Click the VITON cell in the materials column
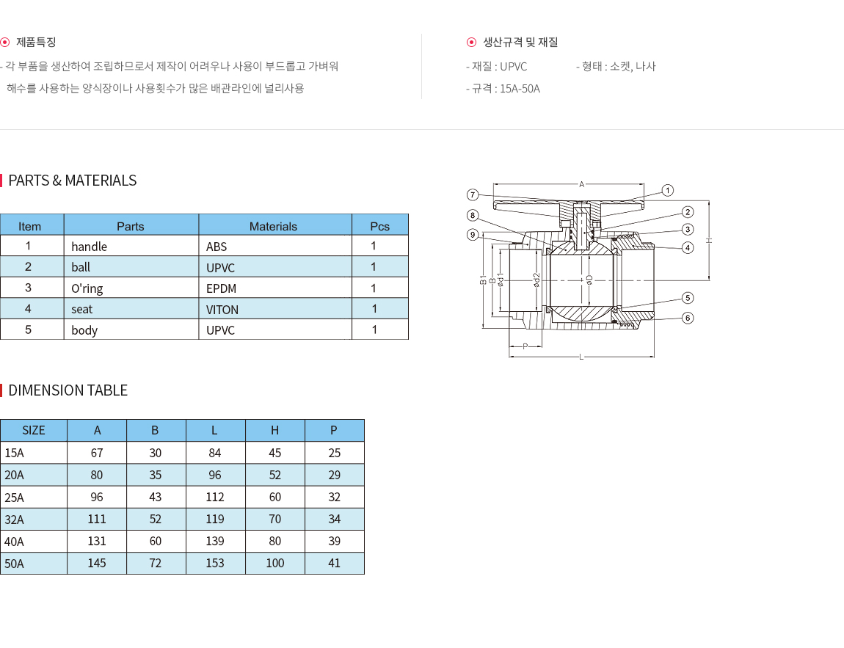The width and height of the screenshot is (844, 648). [222, 310]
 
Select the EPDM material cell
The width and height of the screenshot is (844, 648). [221, 288]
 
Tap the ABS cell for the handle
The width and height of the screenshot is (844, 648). [217, 247]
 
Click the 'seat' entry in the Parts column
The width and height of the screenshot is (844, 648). [81, 310]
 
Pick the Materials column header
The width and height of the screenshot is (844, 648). [273, 227]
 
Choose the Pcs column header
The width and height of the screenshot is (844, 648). [379, 227]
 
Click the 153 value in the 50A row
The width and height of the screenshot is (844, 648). [215, 563]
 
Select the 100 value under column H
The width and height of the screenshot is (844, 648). [275, 563]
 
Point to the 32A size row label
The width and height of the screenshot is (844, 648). [15, 520]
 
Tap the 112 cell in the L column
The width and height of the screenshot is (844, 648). [215, 498]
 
